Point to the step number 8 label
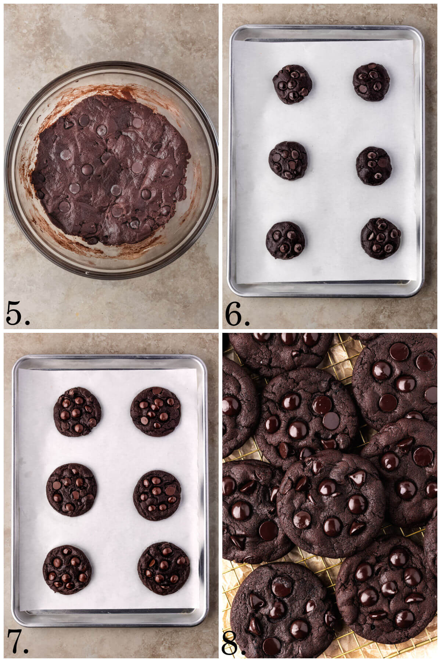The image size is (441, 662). [232, 642]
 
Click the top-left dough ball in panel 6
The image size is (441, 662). [292, 84]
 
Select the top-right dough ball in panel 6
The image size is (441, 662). [371, 82]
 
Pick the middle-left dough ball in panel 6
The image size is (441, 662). [288, 160]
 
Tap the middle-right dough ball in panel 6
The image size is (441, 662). [374, 166]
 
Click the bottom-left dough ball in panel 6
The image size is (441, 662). [285, 240]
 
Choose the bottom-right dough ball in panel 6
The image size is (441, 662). [380, 238]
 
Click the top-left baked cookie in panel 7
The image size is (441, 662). [77, 412]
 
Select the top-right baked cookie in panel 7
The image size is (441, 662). [155, 412]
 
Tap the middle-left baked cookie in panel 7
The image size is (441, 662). [72, 489]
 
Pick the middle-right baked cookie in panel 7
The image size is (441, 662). [157, 495]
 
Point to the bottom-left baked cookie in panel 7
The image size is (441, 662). [67, 569]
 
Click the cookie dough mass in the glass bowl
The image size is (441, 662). [110, 169]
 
